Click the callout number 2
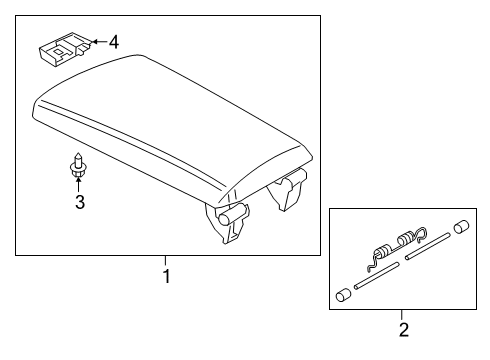click(403, 329)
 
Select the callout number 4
click(113, 42)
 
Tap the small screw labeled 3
click(76, 165)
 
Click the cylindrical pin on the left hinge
click(239, 212)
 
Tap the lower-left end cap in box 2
click(343, 296)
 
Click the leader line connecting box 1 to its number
click(167, 262)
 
